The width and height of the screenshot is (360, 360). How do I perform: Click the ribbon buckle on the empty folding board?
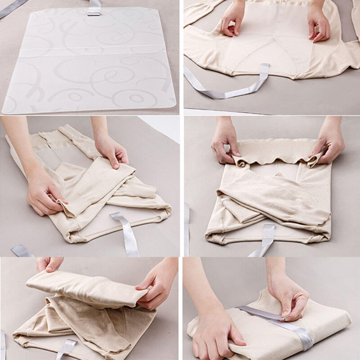(94, 8)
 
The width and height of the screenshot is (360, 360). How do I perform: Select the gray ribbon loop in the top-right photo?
(234, 88)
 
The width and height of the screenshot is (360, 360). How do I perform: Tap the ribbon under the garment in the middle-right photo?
(265, 241)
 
